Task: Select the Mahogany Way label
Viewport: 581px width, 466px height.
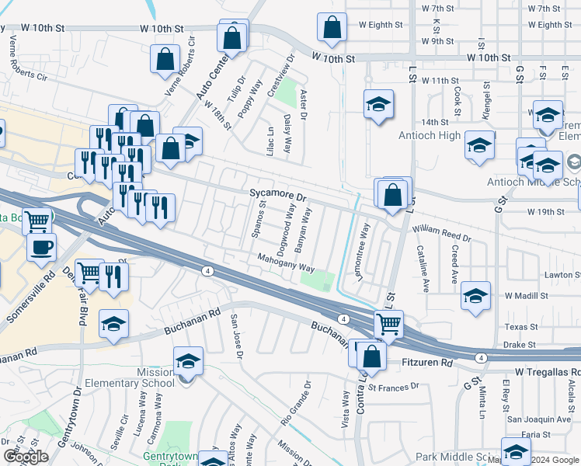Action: point(286,264)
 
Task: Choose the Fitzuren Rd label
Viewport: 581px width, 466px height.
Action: point(426,363)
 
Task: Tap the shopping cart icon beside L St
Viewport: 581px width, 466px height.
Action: point(388,323)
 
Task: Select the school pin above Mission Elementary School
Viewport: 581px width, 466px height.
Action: point(187,362)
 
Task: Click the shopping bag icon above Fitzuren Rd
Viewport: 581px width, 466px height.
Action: point(372,356)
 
